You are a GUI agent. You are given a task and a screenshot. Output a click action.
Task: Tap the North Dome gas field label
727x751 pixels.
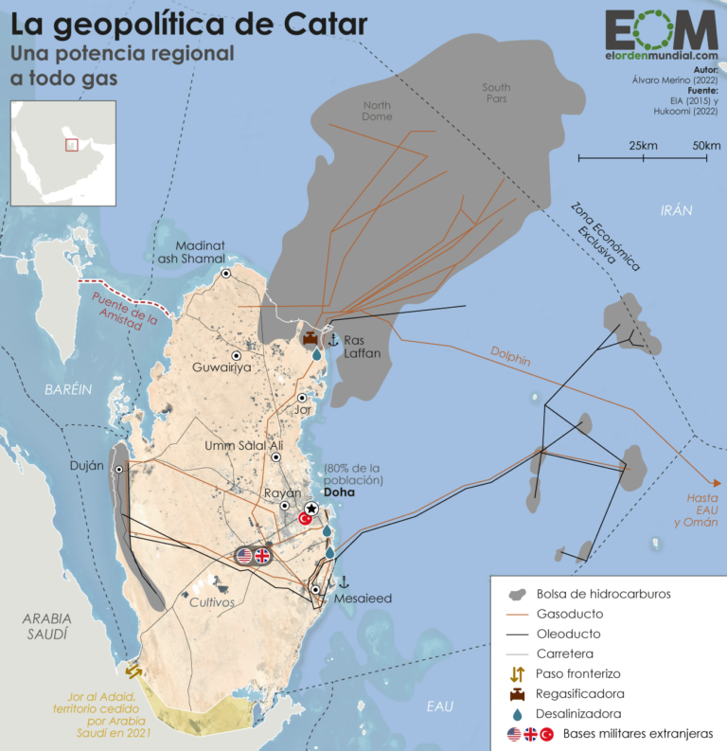point(377,110)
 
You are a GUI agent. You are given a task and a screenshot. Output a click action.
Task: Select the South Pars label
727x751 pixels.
point(495,93)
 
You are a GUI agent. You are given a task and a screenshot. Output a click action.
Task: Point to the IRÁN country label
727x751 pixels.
point(676,210)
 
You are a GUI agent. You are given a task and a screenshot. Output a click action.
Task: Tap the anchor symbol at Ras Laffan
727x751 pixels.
point(332,340)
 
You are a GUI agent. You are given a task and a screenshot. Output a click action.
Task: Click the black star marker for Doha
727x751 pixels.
point(311,509)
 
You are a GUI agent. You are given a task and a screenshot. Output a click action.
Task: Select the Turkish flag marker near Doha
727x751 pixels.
point(305,519)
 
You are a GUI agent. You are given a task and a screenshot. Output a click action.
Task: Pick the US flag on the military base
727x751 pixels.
point(245,556)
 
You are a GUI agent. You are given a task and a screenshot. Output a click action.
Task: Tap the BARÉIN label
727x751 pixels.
point(68,389)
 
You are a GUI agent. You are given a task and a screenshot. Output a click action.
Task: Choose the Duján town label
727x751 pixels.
point(86,466)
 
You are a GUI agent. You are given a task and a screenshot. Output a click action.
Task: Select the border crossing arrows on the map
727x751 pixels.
point(134,671)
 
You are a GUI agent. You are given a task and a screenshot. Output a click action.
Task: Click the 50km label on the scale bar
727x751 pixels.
point(706,145)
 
